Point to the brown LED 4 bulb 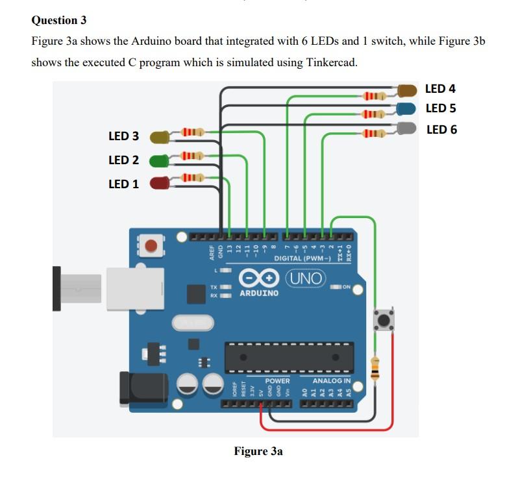coord(407,90)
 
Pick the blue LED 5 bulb coord(407,108)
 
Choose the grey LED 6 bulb coord(407,129)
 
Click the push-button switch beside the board coord(384,320)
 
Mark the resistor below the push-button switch coord(375,369)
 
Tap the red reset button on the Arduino coord(151,246)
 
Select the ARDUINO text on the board coord(259,293)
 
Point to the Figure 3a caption coord(258,451)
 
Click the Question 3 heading coord(59,20)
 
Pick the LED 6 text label coord(441,130)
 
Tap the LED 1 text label coord(123,184)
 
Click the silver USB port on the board coord(135,288)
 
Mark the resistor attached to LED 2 coord(190,156)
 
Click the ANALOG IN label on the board coord(331,380)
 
